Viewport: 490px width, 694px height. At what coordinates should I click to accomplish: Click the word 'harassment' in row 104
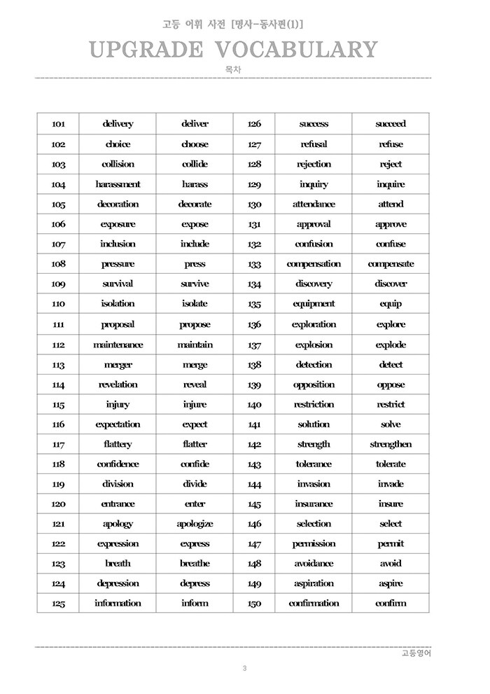coord(118,184)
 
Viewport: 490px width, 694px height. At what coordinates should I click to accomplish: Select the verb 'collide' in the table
coord(195,164)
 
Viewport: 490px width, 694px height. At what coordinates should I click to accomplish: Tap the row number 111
coord(58,324)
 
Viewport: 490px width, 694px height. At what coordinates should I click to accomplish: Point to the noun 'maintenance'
coord(118,345)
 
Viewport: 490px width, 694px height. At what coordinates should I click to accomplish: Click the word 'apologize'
coord(195,524)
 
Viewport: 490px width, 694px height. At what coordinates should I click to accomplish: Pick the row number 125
coord(58,604)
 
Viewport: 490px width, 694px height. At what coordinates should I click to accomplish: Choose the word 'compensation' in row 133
coord(314,264)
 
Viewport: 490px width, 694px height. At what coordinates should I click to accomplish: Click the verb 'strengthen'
coord(391,444)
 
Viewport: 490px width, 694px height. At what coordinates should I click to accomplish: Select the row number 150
coord(254,604)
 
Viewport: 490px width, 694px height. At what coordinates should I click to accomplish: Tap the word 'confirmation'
coord(314,603)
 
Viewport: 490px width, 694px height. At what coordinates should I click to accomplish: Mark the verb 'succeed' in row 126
coord(391,124)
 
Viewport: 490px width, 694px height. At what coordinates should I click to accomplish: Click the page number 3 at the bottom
coord(244,668)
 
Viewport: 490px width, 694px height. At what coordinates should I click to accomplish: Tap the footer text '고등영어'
coord(416,653)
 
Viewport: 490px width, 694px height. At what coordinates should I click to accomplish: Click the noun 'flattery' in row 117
coord(118,444)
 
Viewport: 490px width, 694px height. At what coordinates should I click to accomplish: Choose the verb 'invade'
coord(391,484)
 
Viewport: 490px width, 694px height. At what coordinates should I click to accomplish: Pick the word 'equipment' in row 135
coord(314,304)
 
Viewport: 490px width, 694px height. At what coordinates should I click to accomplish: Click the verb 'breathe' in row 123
coord(195,564)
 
